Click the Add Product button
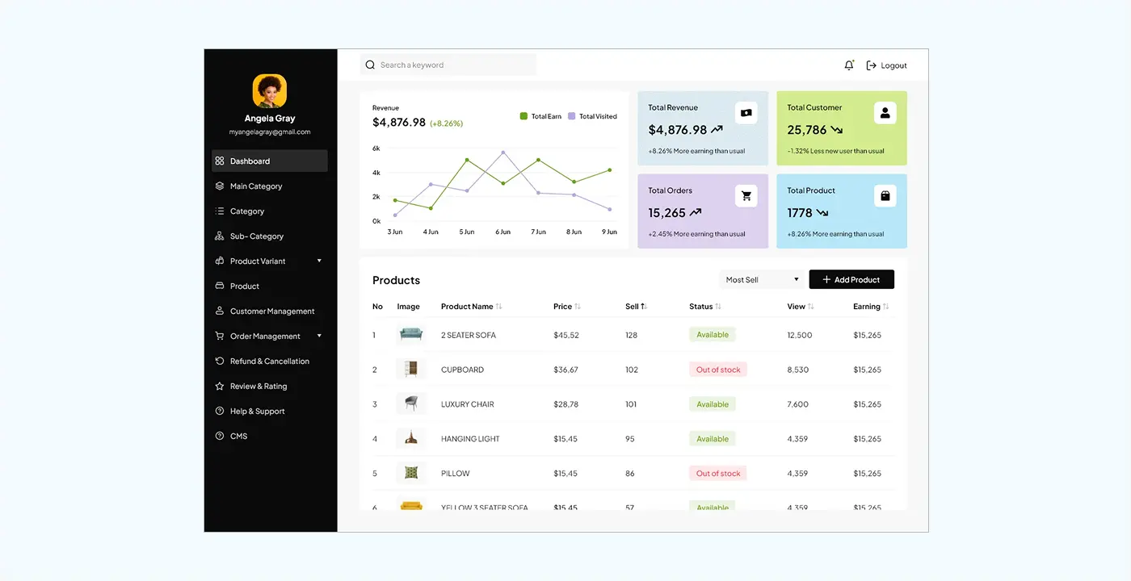click(x=851, y=280)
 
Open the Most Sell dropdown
click(x=761, y=280)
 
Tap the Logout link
click(x=887, y=65)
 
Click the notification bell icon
click(x=848, y=65)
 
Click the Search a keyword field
click(x=448, y=65)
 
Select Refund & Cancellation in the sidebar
click(x=269, y=362)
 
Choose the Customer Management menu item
click(x=271, y=311)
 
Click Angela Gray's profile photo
click(x=270, y=91)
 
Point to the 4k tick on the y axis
click(x=376, y=173)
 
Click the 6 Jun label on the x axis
click(x=502, y=232)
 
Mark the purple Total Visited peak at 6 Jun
click(x=503, y=153)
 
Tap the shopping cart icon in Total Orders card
click(x=746, y=196)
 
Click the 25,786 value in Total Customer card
click(x=807, y=130)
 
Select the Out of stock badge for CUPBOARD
click(x=718, y=370)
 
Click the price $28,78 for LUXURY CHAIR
click(x=565, y=404)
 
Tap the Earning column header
click(x=867, y=307)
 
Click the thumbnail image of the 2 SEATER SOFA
click(x=411, y=335)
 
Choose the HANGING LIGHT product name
click(x=470, y=439)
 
